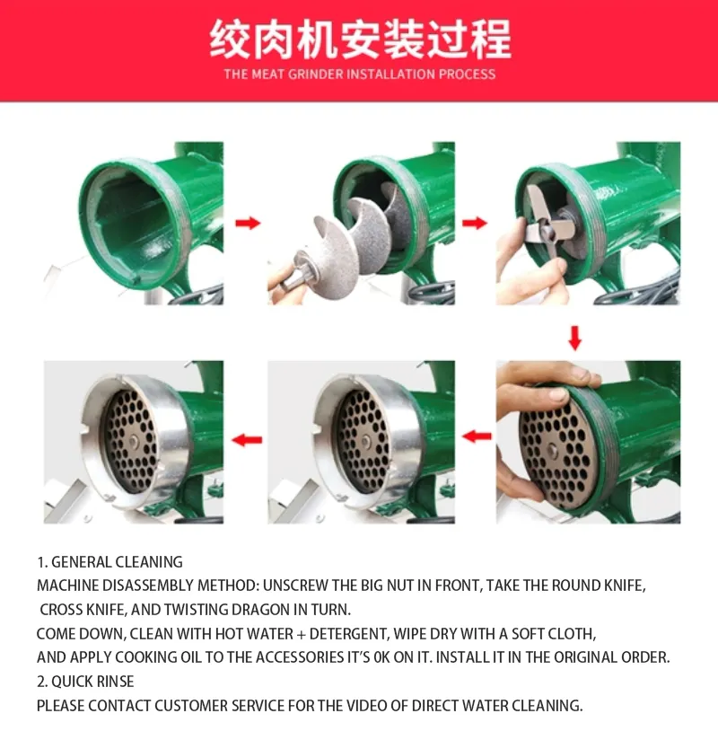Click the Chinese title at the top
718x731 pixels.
tap(359, 40)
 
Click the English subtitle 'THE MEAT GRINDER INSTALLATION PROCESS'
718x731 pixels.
tap(359, 74)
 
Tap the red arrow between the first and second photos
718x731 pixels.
tap(248, 222)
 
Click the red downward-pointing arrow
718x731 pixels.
tap(575, 339)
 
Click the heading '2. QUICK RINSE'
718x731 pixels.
tap(85, 682)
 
